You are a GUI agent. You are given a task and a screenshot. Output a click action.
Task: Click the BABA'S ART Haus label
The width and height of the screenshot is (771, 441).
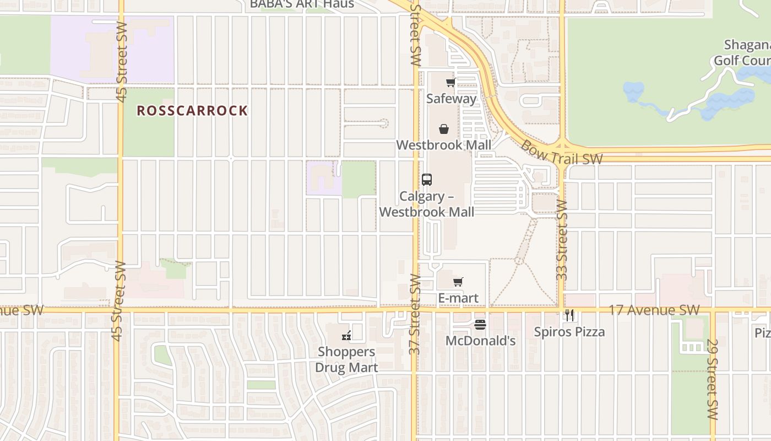[302, 4]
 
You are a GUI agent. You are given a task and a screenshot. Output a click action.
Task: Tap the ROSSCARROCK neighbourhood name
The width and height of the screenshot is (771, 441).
[192, 110]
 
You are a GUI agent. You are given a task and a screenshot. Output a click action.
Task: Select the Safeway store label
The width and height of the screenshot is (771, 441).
[452, 99]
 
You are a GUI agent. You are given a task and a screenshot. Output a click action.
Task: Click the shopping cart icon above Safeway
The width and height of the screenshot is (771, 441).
[451, 83]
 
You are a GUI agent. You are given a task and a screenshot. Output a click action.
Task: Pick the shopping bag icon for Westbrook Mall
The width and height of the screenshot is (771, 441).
[444, 130]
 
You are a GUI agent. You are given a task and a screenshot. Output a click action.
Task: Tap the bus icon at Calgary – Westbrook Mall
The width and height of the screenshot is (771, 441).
[427, 179]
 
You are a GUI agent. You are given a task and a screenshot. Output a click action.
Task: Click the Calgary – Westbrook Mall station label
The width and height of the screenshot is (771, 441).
[427, 204]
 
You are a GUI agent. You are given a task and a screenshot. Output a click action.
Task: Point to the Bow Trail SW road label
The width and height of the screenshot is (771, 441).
[561, 153]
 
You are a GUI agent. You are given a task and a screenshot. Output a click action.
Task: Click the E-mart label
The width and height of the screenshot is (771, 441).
[458, 298]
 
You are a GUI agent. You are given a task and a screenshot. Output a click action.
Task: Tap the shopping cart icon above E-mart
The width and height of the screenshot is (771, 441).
[458, 282]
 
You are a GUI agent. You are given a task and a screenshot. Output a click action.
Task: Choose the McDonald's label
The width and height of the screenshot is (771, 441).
[480, 341]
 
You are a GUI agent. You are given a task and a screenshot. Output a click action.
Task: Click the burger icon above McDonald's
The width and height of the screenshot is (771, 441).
[480, 325]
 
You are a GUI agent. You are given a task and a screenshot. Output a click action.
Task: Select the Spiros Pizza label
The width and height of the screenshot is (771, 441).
[569, 332]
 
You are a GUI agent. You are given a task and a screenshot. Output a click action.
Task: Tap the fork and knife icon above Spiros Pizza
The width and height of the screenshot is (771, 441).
[569, 315]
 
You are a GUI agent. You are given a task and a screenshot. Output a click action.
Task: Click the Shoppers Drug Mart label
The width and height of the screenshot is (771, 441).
[346, 359]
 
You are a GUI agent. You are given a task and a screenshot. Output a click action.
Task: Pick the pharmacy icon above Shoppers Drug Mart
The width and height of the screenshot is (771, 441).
[346, 335]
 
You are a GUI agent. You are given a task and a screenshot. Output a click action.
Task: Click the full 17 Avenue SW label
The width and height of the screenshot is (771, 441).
[654, 310]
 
